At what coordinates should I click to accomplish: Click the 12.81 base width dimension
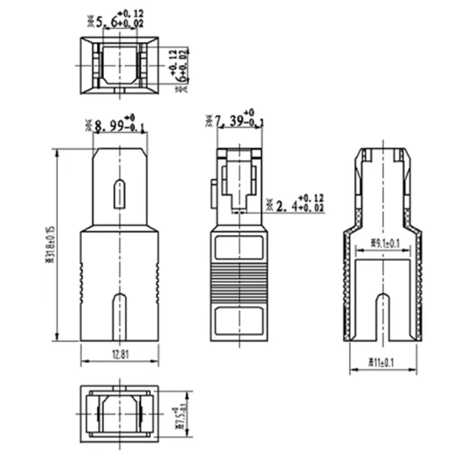(119, 353)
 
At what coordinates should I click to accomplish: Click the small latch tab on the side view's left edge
(213, 193)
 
